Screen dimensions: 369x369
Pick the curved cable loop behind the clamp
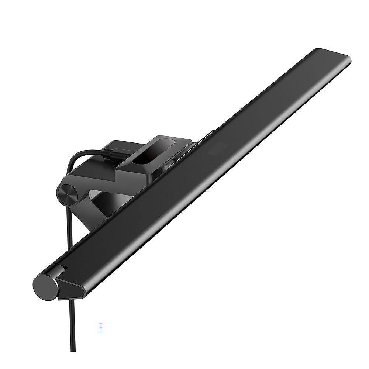tap(79, 156)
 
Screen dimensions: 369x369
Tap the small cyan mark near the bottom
tap(100, 327)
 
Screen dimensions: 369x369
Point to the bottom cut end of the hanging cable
tap(73, 350)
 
